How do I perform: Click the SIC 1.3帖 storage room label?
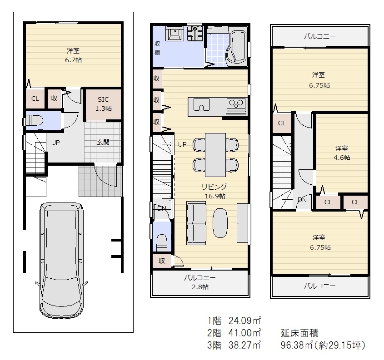pos(103,104)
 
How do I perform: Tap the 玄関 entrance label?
pos(103,142)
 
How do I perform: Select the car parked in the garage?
pos(61,260)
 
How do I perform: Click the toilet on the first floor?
pos(34,121)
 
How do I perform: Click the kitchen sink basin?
pos(201,104)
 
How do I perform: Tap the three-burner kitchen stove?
pos(236,104)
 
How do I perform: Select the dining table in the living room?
pos(215,155)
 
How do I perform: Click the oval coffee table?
pos(220,223)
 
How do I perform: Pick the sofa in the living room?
pos(196,223)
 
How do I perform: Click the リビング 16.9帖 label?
pos(214,191)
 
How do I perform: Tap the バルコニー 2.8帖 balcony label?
pos(200,282)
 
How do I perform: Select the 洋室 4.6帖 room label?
pos(342,153)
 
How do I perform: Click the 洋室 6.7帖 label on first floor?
pos(73,55)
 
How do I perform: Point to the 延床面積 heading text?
pos(299,333)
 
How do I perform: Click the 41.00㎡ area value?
pos(244,333)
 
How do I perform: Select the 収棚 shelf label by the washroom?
pos(157,48)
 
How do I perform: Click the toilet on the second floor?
pos(162,242)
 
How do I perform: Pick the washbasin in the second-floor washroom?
pos(175,34)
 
